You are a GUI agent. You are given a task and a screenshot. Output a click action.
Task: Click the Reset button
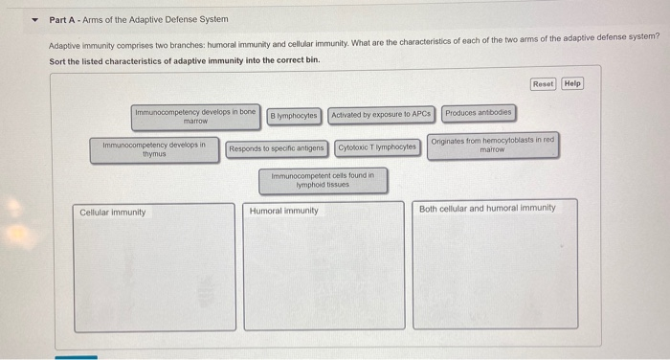tap(543, 83)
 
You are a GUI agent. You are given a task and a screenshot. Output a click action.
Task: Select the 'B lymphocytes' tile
tap(294, 115)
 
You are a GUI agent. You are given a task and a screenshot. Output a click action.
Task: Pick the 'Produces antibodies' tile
tap(479, 113)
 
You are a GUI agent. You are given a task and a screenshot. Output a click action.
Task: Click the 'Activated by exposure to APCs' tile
tap(382, 115)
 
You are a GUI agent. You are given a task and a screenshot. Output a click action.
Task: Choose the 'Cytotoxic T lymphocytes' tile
tap(377, 147)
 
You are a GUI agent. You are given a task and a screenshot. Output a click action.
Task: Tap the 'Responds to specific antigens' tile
tap(278, 148)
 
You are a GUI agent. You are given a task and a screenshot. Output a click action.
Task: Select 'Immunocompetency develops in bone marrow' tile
tap(195, 117)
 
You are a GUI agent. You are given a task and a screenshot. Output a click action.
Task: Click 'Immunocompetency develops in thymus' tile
tap(154, 149)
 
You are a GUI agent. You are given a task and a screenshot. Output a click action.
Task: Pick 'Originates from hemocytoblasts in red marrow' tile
tap(492, 146)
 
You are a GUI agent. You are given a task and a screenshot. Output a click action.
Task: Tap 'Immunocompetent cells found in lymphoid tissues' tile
tap(323, 180)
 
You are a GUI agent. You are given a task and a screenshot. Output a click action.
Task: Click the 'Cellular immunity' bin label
tap(113, 212)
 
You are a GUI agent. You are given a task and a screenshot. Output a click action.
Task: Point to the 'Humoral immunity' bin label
tap(284, 211)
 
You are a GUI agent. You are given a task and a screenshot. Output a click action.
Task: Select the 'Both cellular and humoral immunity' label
tap(487, 208)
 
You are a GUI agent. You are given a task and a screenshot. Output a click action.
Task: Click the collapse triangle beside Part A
tap(36, 19)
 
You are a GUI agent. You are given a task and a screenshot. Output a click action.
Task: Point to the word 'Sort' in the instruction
tap(58, 60)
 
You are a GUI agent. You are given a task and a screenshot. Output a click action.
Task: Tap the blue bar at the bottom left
tap(76, 357)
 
